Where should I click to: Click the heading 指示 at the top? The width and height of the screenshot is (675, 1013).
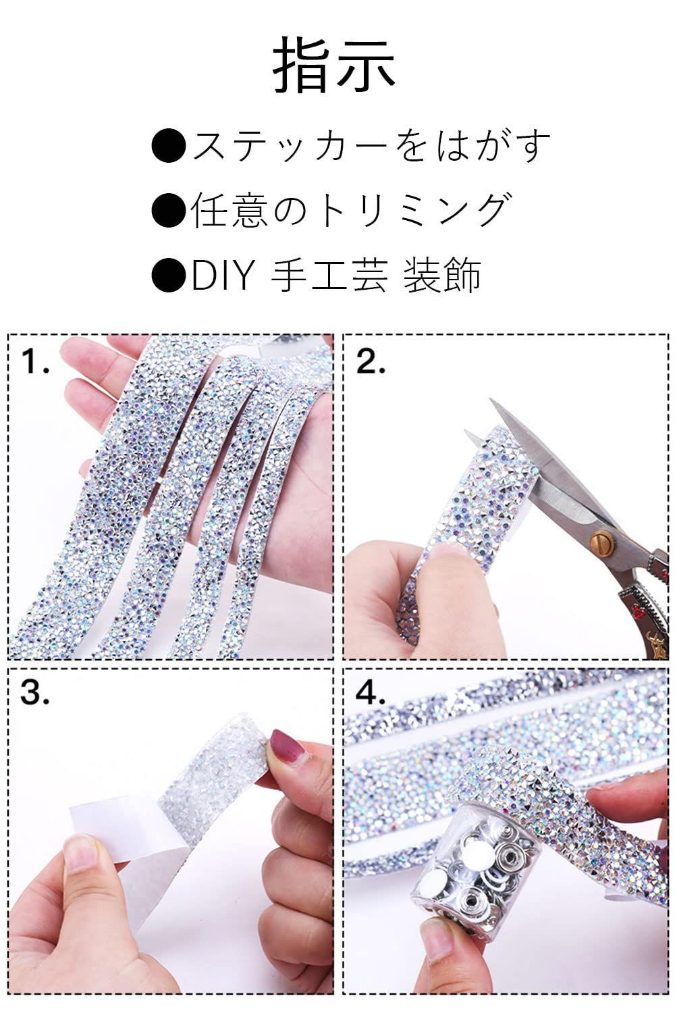pos(334,65)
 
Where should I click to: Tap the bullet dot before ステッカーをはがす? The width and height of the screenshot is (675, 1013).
pos(168,146)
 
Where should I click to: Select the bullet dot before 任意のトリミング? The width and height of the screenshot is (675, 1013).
pos(168,209)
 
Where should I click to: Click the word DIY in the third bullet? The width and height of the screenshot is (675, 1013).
pos(221,274)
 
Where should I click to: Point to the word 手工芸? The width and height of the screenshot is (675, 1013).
pos(329,274)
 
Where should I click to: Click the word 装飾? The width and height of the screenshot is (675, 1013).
pos(441,274)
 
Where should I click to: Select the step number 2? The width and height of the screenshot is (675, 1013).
pos(371,361)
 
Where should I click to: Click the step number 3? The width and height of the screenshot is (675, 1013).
pos(35,692)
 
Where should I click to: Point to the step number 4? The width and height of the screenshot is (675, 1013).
pos(371,692)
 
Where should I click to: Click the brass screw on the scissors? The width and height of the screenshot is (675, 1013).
pos(603,540)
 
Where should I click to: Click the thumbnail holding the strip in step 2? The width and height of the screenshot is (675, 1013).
pos(446,558)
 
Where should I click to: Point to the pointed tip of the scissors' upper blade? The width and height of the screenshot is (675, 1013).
pos(490,399)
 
